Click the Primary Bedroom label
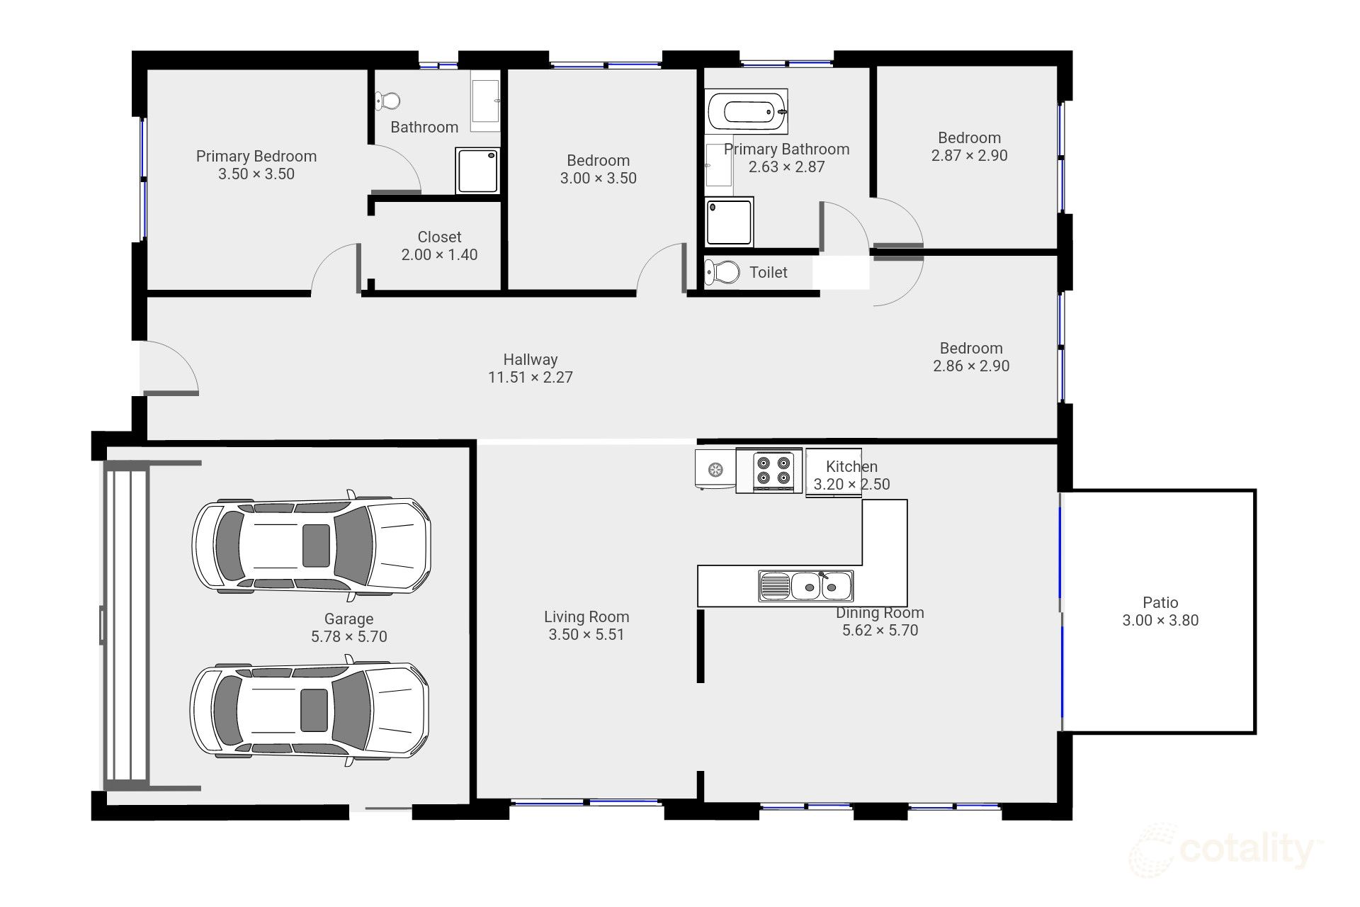[x=256, y=156]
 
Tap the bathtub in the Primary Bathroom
[x=747, y=111]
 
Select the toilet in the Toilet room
[x=722, y=271]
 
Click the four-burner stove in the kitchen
[x=769, y=471]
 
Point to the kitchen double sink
[x=806, y=586]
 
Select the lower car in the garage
[x=310, y=709]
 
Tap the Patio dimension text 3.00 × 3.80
[x=1160, y=621]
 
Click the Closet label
[x=439, y=237]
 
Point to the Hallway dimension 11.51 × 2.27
[x=531, y=378]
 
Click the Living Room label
[x=586, y=617]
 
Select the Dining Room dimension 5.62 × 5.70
[x=880, y=631]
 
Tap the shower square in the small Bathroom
[x=478, y=170]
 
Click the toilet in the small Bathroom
[x=387, y=101]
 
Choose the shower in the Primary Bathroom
[x=729, y=222]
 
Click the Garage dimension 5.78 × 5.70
[x=349, y=637]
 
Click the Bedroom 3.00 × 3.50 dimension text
[x=599, y=179]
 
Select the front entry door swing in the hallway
[x=170, y=367]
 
